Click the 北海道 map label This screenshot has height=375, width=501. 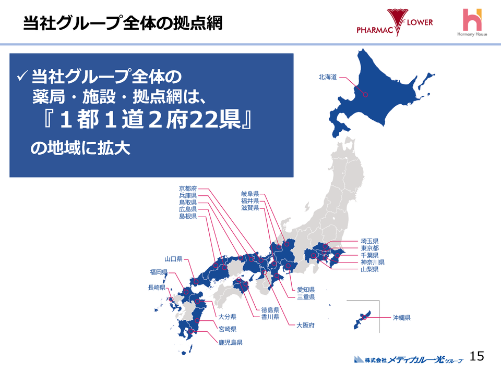pyautogui.click(x=328, y=77)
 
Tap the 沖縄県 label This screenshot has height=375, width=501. pyautogui.click(x=402, y=317)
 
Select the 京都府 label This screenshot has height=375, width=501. pyautogui.click(x=188, y=189)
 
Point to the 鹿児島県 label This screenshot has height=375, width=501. pyautogui.click(x=230, y=343)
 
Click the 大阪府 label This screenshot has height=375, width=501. pyautogui.click(x=305, y=325)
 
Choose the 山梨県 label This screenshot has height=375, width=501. pyautogui.click(x=369, y=270)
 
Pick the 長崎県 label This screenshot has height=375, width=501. pyautogui.click(x=157, y=287)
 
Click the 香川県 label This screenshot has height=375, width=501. pyautogui.click(x=270, y=317)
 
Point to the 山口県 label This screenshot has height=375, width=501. pyautogui.click(x=173, y=259)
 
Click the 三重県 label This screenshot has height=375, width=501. pyautogui.click(x=306, y=297)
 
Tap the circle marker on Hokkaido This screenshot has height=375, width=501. pyautogui.click(x=365, y=95)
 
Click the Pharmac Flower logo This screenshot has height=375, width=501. pyautogui.click(x=395, y=23)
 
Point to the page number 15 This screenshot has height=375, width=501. pyautogui.click(x=477, y=356)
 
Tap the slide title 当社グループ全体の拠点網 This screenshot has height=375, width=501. pyautogui.click(x=123, y=23)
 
